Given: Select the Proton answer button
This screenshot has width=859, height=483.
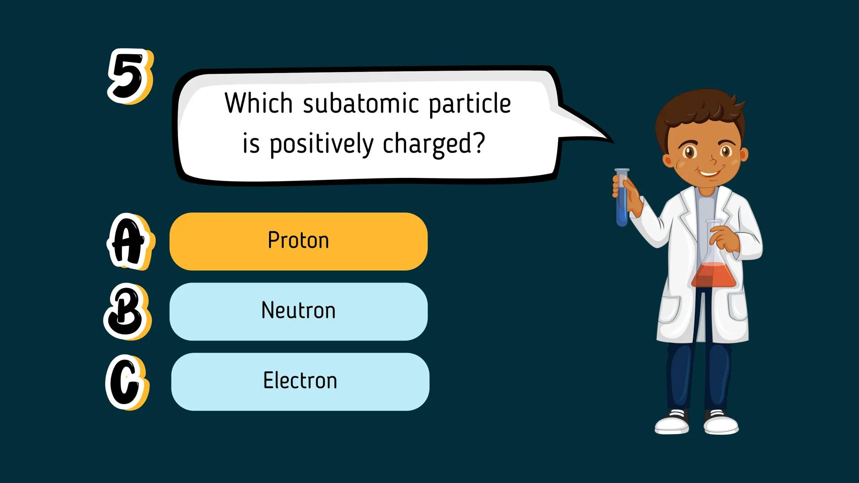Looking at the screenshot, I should pos(298,241).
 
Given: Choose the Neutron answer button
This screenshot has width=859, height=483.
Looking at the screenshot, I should pos(298,311).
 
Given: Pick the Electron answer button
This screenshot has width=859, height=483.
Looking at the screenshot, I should pos(300,381).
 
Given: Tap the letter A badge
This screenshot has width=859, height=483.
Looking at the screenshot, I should pos(128,242).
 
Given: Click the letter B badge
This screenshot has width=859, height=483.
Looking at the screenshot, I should pos(126,311).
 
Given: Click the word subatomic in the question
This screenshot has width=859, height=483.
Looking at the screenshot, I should pos(361,103).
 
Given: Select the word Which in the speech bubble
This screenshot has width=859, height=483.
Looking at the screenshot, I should pos(258,103).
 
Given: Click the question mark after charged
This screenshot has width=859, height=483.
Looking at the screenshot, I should pos(479,143).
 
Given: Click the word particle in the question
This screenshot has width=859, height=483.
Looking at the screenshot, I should pos(470,103).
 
